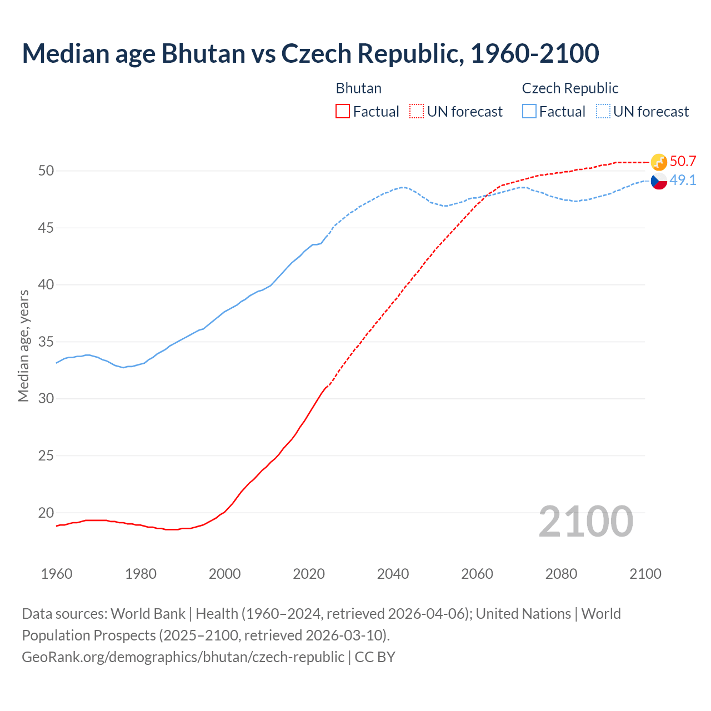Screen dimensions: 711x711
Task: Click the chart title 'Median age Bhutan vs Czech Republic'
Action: tap(310, 53)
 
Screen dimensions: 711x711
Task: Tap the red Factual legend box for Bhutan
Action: tap(343, 111)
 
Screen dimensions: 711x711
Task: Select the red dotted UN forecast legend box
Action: tap(417, 111)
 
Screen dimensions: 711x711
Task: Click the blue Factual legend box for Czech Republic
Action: tap(529, 111)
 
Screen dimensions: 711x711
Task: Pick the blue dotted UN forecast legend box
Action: tap(603, 111)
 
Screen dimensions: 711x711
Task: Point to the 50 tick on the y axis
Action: tap(46, 171)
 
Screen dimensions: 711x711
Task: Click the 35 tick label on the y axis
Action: tap(46, 342)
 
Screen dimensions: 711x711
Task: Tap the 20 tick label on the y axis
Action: tap(46, 513)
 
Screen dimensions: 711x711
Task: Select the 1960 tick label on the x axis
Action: tap(57, 574)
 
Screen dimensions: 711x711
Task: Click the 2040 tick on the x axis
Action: tap(393, 574)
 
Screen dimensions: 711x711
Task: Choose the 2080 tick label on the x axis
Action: tap(561, 574)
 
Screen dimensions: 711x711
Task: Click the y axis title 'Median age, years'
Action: tap(23, 346)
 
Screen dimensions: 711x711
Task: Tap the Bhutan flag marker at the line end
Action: tap(659, 162)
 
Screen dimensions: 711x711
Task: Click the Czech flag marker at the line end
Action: tap(659, 181)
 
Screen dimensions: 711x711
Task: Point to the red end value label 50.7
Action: tap(683, 161)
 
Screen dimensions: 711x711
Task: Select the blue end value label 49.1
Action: tap(683, 180)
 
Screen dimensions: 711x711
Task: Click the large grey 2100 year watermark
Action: tap(585, 521)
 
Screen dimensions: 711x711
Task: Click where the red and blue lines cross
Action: tap(487, 195)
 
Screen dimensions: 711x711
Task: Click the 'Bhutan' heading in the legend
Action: tap(359, 88)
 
